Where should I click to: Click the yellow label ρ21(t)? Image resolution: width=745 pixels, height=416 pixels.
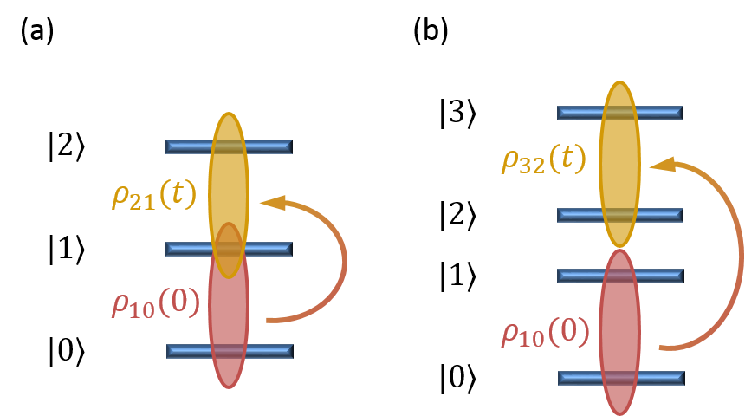coord(154,195)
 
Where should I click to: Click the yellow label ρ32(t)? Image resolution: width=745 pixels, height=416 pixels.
coord(543,159)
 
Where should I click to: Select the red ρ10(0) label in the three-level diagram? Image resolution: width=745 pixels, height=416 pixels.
coord(156,303)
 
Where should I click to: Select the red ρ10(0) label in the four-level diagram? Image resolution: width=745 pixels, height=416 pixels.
coord(545,333)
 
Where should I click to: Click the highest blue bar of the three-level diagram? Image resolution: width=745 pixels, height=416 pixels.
coord(185,146)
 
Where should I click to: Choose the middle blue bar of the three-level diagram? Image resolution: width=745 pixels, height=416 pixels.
coord(185,249)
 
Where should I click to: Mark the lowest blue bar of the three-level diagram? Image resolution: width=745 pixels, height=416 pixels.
coord(185,351)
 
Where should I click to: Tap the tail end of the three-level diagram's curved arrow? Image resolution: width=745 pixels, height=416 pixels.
coord(269,321)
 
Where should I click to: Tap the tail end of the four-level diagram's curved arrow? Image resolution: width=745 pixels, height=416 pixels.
coord(662,348)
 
